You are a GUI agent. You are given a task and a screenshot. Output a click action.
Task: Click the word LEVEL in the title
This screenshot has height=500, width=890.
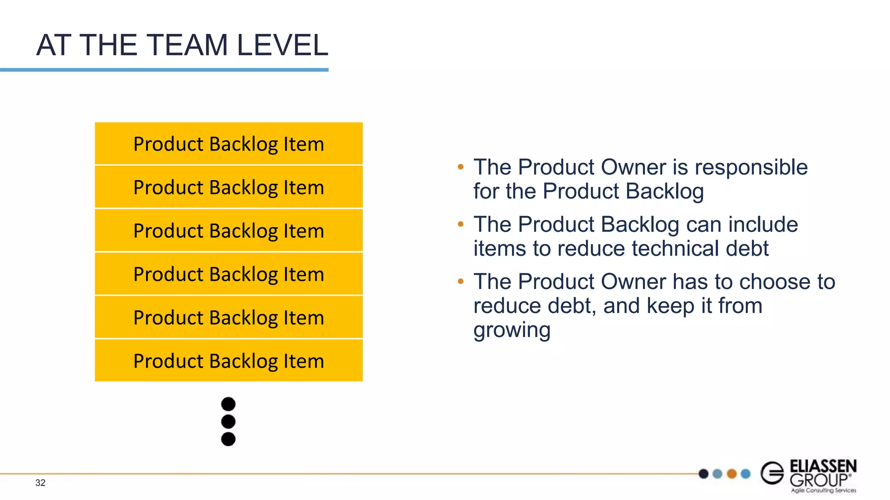pos(282,45)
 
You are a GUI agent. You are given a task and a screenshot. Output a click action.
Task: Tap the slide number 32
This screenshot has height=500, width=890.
pos(40,483)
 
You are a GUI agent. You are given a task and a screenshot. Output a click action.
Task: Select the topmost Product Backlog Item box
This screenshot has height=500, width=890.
pos(229,144)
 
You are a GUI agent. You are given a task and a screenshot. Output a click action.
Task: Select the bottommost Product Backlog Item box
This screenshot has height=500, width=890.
pos(229,361)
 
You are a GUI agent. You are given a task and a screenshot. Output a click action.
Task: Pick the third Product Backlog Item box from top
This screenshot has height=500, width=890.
pos(229,230)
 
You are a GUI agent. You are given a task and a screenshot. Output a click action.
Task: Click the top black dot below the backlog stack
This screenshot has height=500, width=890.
pos(228,404)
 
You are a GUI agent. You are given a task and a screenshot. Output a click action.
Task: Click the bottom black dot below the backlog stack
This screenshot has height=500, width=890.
pos(228,439)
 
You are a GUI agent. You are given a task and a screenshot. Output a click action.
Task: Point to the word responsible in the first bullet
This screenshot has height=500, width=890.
pos(751,168)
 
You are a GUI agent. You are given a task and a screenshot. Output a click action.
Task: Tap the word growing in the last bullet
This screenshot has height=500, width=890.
pos(511,331)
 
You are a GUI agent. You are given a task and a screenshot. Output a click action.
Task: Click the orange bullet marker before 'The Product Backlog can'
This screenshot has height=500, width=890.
pos(461,224)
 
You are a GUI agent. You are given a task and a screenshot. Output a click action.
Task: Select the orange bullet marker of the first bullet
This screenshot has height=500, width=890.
pos(461,167)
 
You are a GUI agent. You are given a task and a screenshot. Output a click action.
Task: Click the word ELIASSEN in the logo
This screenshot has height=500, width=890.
pos(823,466)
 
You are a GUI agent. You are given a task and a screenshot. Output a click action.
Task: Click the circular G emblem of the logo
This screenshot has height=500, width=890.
pos(772,473)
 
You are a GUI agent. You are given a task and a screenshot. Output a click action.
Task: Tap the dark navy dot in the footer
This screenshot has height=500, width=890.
pos(704,474)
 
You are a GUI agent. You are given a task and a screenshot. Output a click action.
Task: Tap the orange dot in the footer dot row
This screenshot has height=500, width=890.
pos(732,474)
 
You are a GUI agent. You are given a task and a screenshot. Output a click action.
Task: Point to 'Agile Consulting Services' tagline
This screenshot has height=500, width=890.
pos(824,490)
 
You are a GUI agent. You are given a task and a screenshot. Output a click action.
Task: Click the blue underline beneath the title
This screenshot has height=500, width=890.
pos(164,70)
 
